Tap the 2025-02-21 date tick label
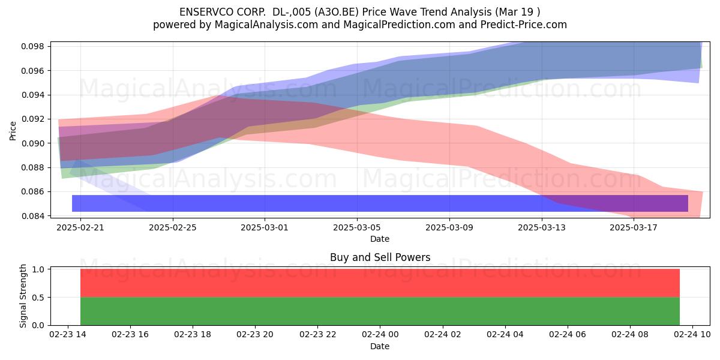80,227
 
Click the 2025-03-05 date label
357,227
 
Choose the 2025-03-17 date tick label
634,227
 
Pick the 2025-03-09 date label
449,227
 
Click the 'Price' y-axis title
13,131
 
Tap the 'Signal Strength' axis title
23,296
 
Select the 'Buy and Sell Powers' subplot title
380,257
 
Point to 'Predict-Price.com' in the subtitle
524,25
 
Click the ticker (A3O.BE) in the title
337,12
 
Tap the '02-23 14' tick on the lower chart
68,335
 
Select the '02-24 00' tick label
380,335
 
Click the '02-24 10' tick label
692,335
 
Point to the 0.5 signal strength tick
38,298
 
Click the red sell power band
380,283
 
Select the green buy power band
380,311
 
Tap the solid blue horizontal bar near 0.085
380,203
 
